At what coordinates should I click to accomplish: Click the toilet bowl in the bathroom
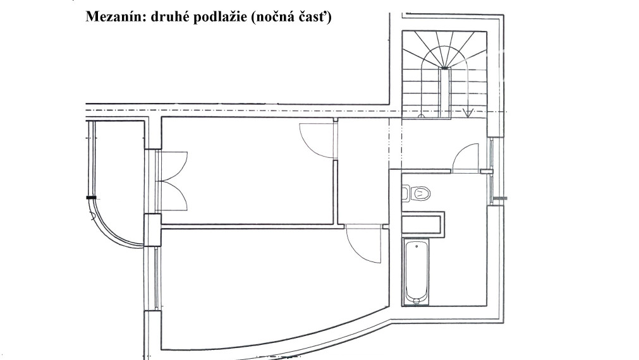(x=420, y=193)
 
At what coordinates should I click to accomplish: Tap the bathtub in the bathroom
(x=415, y=272)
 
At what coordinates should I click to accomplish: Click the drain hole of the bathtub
(x=416, y=301)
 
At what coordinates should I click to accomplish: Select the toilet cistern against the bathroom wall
(x=405, y=193)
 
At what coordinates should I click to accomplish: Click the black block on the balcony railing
(x=91, y=198)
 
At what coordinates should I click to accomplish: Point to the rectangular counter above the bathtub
(x=423, y=224)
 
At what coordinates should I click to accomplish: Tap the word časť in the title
(x=315, y=17)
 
